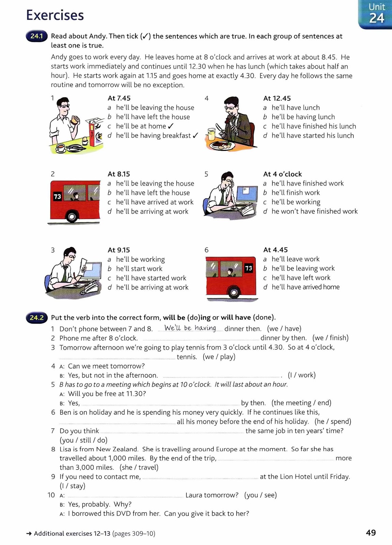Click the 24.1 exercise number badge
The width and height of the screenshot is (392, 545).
(x=37, y=36)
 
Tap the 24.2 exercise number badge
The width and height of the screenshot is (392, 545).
(x=37, y=318)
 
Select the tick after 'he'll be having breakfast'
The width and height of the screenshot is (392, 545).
(x=195, y=136)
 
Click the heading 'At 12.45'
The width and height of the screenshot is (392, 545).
(x=277, y=98)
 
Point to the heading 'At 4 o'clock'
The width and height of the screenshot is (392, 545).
(x=282, y=174)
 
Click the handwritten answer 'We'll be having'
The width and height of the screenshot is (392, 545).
(x=190, y=328)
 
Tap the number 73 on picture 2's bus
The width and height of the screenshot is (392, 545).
(x=57, y=197)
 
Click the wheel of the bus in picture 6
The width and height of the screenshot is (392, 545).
(x=234, y=292)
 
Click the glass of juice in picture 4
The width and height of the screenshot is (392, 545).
(x=212, y=134)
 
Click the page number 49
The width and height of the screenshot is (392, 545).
(x=371, y=533)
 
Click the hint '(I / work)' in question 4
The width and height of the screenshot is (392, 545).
(x=302, y=375)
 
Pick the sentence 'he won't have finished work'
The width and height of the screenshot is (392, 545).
(x=314, y=212)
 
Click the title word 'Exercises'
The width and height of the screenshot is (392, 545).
(x=55, y=15)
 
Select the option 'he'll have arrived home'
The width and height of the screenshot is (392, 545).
(x=305, y=287)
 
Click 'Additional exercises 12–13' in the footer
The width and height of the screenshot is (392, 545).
(x=72, y=534)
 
